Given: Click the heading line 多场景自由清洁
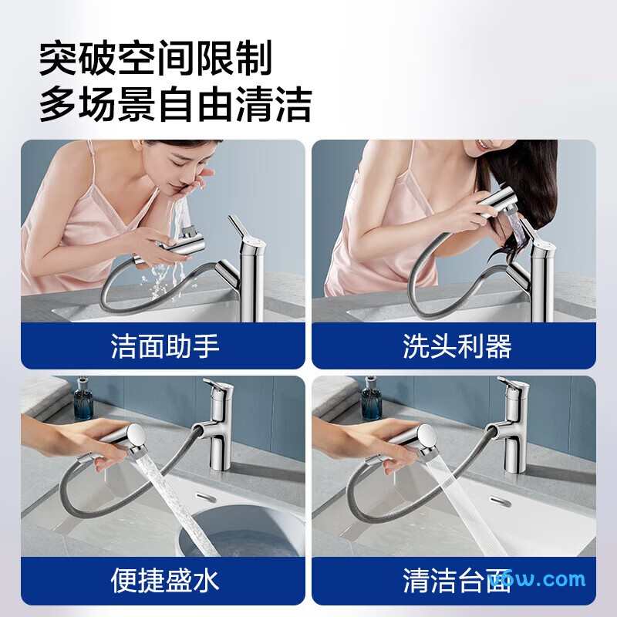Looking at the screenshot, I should (175, 104).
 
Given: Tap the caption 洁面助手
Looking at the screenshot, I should (165, 346).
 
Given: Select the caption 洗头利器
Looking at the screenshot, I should (457, 346).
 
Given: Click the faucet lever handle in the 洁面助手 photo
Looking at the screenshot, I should (236, 229).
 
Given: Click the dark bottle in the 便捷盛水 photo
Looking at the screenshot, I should (83, 401).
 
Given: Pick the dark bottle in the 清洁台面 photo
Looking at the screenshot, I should (373, 401).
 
